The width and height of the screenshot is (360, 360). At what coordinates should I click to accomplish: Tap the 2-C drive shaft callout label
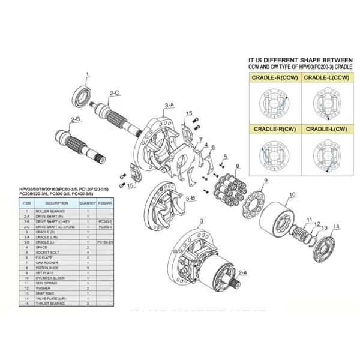[x=114, y=94]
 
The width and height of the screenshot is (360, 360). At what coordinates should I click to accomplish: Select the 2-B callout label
[x=75, y=119]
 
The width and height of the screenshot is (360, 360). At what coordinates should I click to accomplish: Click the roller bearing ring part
[x=82, y=95]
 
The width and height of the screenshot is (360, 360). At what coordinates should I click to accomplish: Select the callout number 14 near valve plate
[x=336, y=226]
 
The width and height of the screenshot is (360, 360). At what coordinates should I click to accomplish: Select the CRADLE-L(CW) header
[x=326, y=129]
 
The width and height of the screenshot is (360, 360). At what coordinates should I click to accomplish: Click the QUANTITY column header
[x=88, y=203]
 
